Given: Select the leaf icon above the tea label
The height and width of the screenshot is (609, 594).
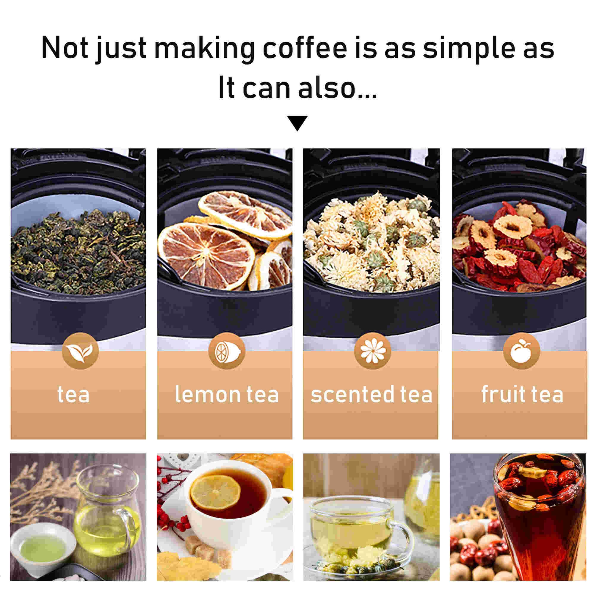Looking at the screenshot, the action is click(80, 351).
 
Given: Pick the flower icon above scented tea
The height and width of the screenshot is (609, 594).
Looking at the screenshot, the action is click(373, 351).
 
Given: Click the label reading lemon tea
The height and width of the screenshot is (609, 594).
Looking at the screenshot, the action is click(226, 395).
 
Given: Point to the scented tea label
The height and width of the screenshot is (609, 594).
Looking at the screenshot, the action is click(372, 395).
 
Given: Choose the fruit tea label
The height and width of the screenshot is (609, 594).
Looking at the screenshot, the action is click(522, 395).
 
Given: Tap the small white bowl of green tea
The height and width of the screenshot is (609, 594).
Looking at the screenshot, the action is click(43, 545).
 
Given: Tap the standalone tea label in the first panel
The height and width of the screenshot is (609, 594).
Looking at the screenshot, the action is click(73, 395).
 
